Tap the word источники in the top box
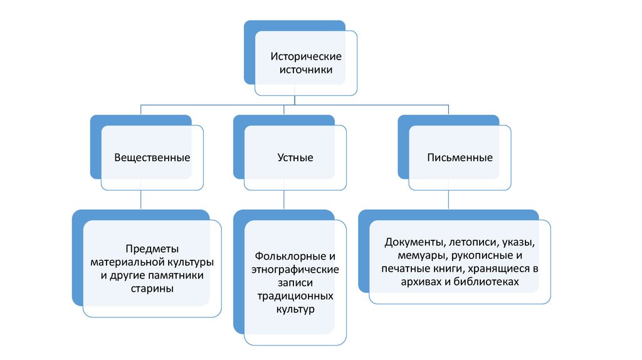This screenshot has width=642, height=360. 305,71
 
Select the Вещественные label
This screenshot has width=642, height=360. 152,157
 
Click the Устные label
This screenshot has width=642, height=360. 295,157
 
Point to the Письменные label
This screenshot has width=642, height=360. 460,157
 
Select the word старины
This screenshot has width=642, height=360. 152,289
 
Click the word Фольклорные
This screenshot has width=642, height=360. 290,257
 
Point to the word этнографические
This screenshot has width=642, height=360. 295,270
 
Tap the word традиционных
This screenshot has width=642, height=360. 295,296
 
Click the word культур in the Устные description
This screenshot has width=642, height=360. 295,309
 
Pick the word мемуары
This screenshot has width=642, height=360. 420,256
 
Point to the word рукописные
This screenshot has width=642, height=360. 480,256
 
